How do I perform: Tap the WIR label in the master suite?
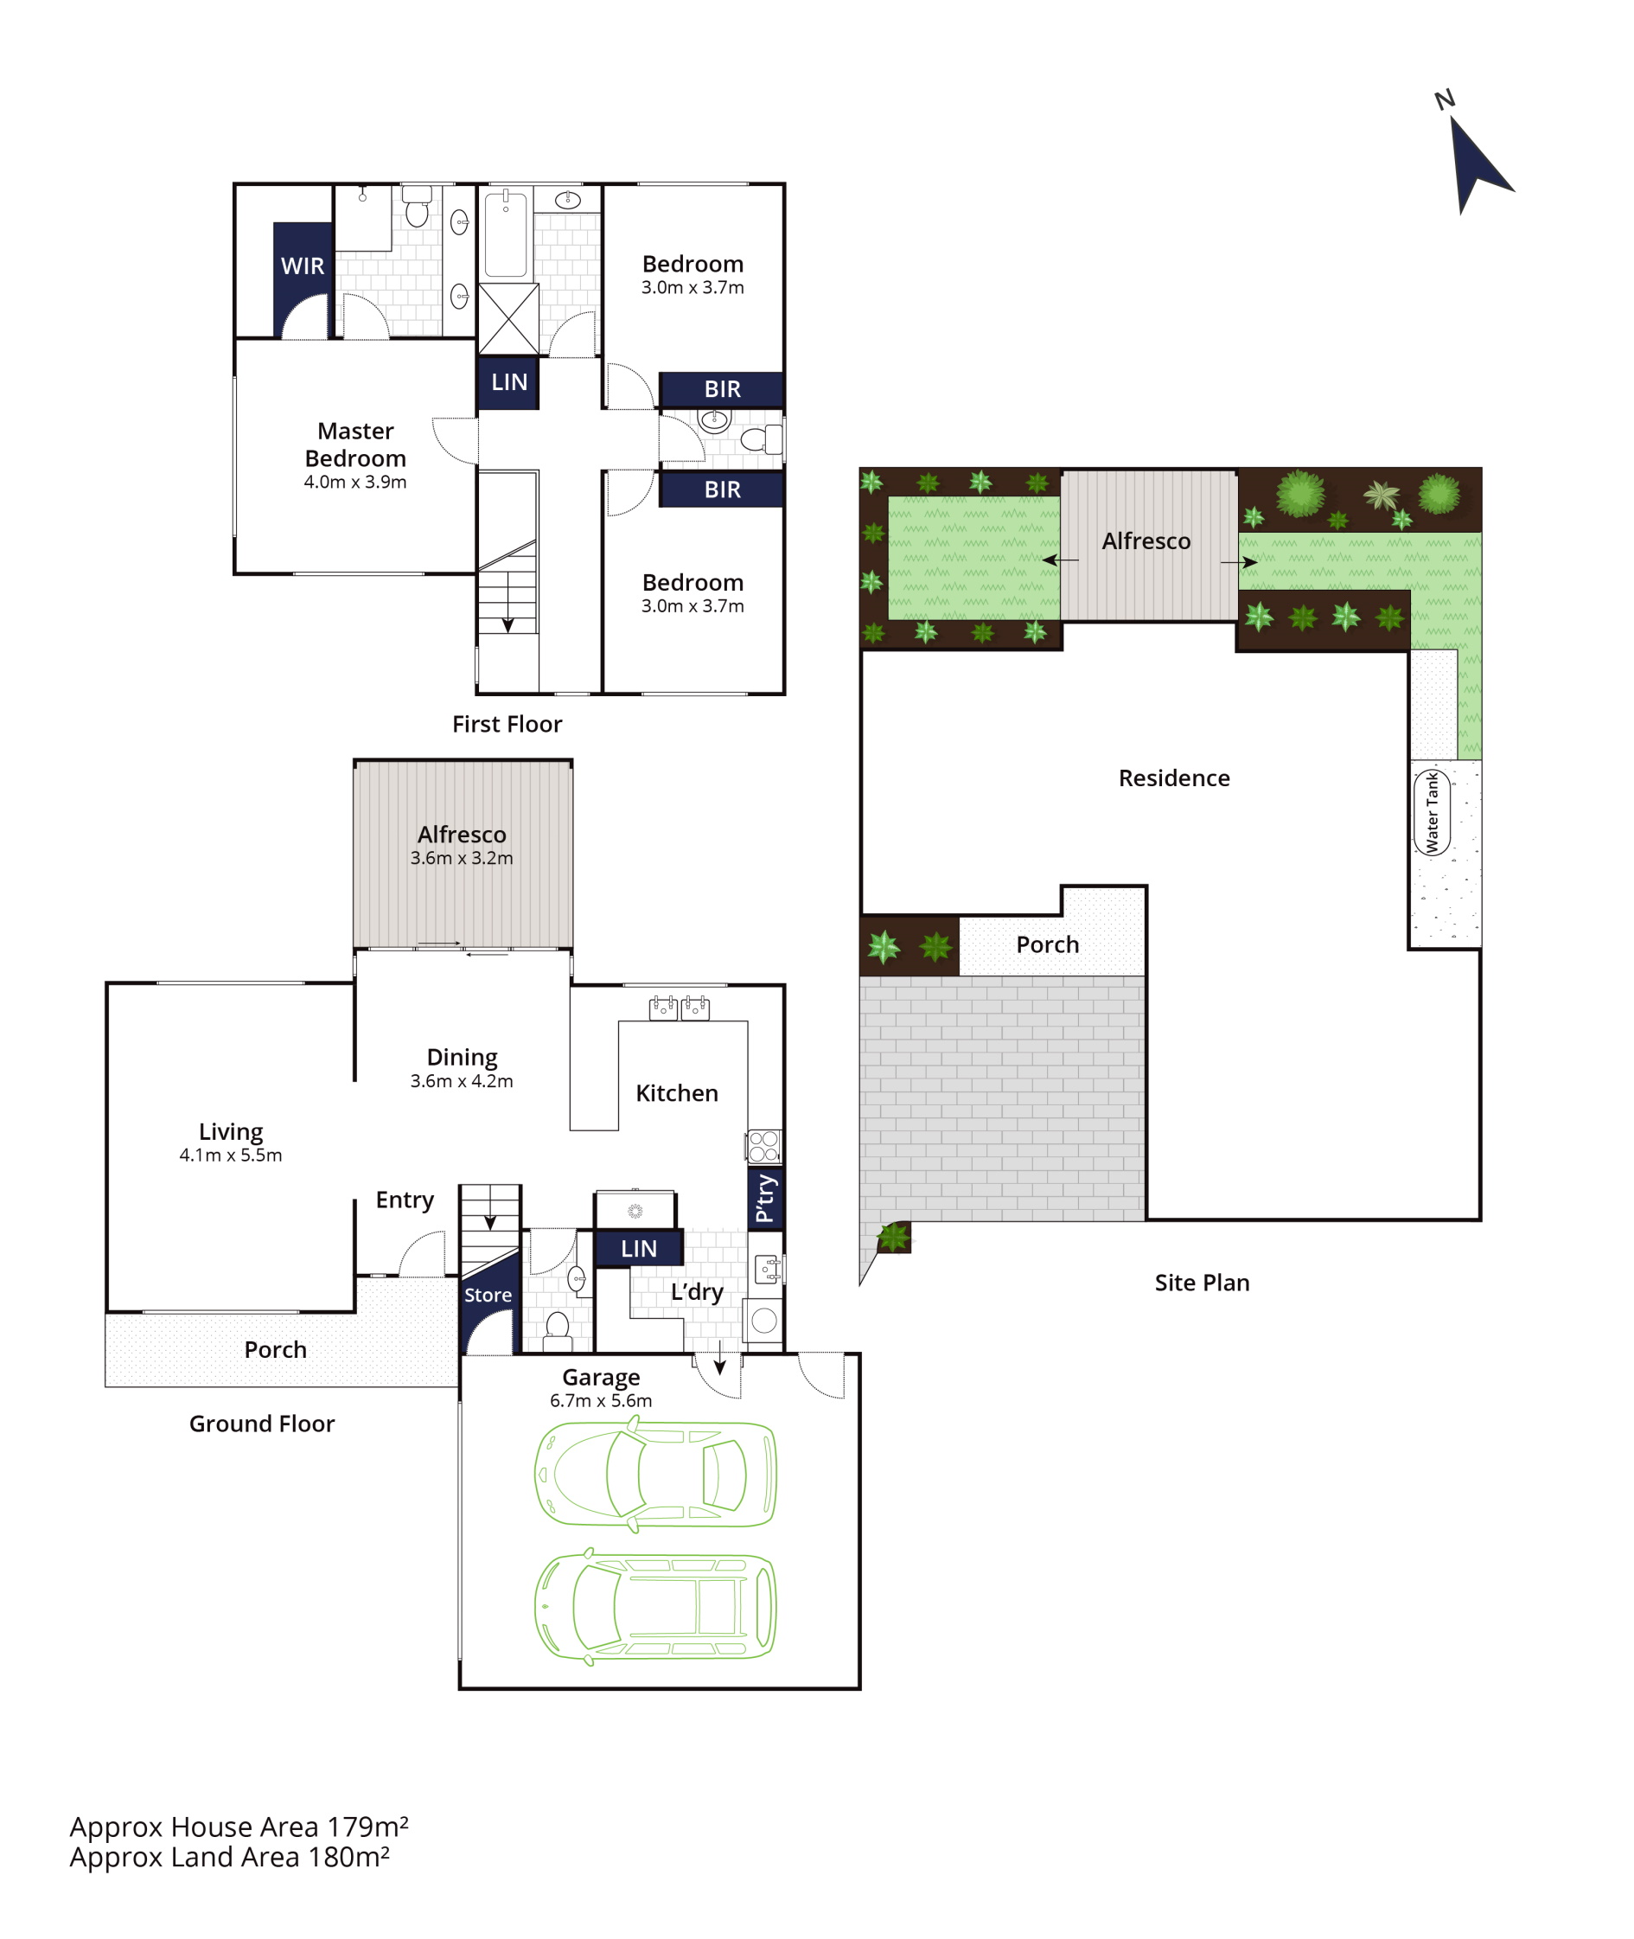(x=303, y=266)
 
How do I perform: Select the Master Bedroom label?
(x=355, y=445)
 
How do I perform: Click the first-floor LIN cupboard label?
(x=509, y=381)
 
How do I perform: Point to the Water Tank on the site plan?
(x=1432, y=812)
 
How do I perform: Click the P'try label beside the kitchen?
(x=765, y=1199)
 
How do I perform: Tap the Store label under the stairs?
(x=488, y=1296)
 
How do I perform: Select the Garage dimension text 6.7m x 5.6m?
(x=601, y=1401)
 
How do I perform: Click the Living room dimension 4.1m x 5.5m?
(x=231, y=1155)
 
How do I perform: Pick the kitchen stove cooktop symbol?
(x=764, y=1146)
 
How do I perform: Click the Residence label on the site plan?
(x=1175, y=778)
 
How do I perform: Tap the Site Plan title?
(x=1203, y=1283)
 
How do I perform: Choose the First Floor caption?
(x=507, y=725)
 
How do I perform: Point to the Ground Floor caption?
(x=262, y=1424)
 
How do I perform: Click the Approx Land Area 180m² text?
(x=230, y=1858)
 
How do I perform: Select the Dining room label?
(x=463, y=1057)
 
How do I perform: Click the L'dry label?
(x=698, y=1292)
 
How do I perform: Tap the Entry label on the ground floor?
(x=405, y=1200)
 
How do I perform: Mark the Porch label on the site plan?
(x=1048, y=945)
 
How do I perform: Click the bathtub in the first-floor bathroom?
(x=506, y=234)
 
